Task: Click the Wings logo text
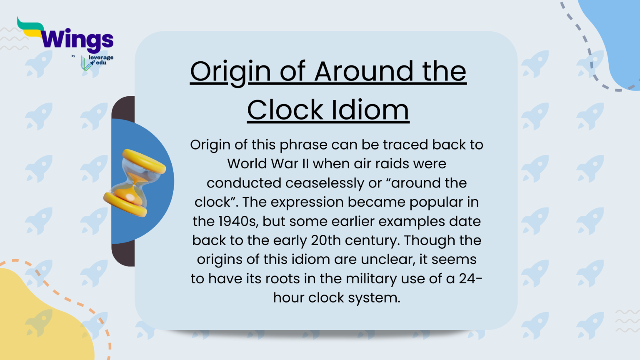(x=77, y=40)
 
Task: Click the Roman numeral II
(x=305, y=164)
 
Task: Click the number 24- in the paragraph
(x=470, y=279)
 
